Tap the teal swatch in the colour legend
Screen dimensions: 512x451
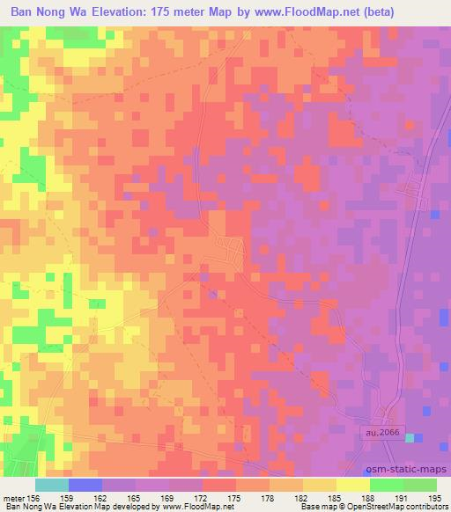coord(52,485)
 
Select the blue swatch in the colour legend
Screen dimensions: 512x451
coord(85,485)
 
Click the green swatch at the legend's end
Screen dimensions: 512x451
coord(420,485)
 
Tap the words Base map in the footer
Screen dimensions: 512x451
coord(301,507)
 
